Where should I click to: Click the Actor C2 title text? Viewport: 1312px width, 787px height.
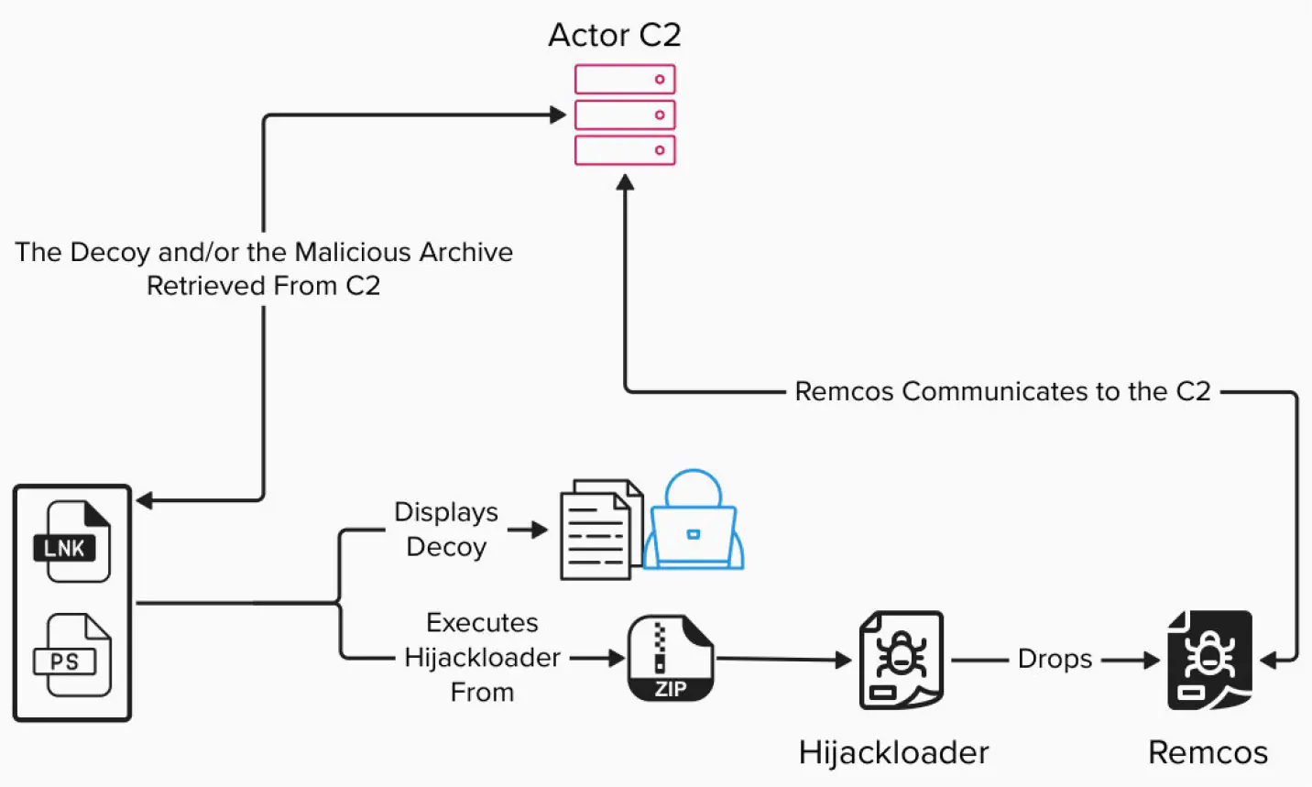(615, 35)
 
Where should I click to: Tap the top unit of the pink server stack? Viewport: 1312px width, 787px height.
(625, 80)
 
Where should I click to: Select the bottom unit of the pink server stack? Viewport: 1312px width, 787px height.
(625, 150)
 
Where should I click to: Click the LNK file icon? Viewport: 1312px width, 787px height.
(73, 541)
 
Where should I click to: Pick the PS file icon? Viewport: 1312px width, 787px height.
(73, 656)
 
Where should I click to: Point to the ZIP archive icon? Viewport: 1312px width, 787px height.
(670, 659)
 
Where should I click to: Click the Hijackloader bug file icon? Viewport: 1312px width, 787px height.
(901, 660)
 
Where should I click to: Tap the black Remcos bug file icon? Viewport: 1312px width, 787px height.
(1208, 660)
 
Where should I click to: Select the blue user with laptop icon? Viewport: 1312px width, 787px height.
(694, 522)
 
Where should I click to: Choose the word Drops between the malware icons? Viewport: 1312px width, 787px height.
(1055, 659)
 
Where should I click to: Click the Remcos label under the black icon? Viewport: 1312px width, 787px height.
(1208, 752)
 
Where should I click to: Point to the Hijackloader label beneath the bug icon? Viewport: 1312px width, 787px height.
(893, 752)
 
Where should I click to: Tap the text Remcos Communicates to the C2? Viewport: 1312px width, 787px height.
(1002, 391)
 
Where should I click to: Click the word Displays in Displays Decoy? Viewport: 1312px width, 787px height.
(446, 511)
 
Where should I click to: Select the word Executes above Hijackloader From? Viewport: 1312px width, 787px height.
(482, 622)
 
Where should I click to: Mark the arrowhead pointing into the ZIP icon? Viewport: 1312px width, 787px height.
(616, 657)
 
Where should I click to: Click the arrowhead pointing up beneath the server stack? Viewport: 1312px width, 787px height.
(625, 183)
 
